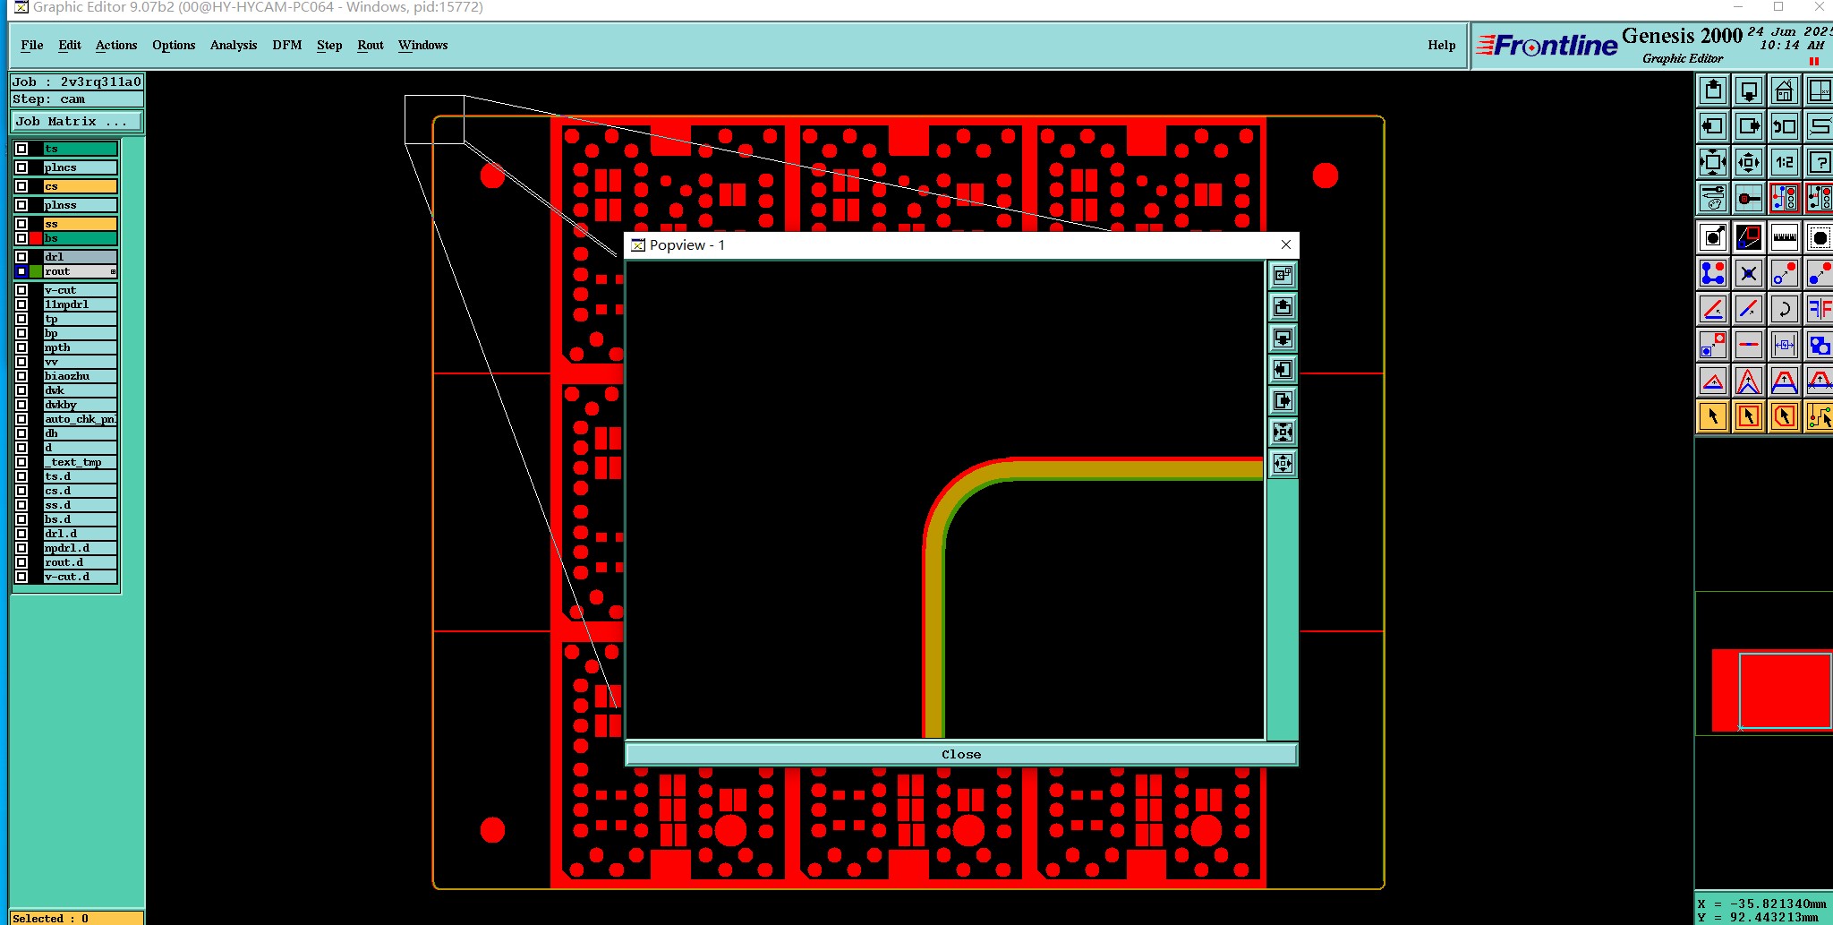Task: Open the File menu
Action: tap(31, 45)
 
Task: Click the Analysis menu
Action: tap(233, 45)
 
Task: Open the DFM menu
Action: tap(286, 45)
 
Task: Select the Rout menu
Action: tap(370, 45)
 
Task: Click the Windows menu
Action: tap(422, 45)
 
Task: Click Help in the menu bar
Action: tap(1441, 45)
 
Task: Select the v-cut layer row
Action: tap(79, 290)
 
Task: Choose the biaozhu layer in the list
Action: tap(79, 376)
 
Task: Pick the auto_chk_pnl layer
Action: tap(79, 419)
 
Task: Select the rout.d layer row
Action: tap(79, 562)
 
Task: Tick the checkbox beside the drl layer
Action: tap(21, 257)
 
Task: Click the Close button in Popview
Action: tap(960, 754)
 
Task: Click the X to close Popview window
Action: tap(1286, 244)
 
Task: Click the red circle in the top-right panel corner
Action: tap(1325, 176)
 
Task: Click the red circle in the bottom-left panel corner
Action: tap(492, 830)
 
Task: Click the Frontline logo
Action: tap(1547, 46)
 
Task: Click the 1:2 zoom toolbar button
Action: tap(1784, 162)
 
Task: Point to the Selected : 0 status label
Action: tap(51, 918)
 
